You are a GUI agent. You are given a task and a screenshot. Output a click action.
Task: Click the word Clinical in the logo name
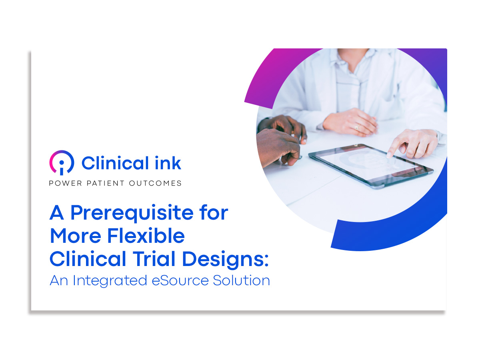coord(115,163)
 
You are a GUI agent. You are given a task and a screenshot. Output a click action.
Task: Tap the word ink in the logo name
coord(168,163)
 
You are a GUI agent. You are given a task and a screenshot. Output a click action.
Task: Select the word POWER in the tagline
coord(66,183)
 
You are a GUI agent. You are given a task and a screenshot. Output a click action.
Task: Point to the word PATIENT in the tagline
coord(106,183)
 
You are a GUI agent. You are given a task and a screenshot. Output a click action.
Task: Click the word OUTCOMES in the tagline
coord(155,183)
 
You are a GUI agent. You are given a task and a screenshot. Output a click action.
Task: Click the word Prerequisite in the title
coord(132,213)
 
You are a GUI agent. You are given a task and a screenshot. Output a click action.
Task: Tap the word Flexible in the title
coord(146,236)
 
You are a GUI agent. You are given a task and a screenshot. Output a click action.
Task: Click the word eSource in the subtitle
coord(180,280)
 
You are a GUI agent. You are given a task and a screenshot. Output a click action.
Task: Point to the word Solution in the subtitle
coord(242,280)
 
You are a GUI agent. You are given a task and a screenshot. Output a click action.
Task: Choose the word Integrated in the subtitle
coord(110,281)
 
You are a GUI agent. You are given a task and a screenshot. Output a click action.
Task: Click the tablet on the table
coord(371,166)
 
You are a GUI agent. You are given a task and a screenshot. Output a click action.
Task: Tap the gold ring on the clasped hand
coord(357,127)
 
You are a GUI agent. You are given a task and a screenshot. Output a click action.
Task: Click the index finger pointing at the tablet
coord(394,148)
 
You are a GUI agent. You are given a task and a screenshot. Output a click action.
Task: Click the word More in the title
coord(76,236)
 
